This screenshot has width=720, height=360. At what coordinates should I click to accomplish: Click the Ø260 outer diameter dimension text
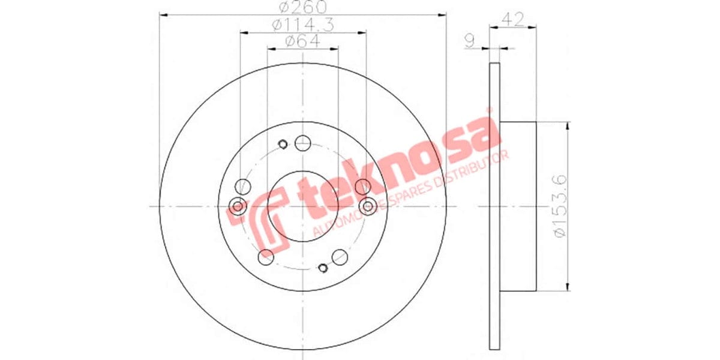point(302,8)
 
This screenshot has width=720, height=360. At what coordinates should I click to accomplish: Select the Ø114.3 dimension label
point(302,25)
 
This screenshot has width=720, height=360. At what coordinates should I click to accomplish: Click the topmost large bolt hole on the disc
point(303,143)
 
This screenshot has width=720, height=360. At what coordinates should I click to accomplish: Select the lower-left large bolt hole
point(265,256)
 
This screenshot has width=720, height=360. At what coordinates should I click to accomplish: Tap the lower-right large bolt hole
point(340,256)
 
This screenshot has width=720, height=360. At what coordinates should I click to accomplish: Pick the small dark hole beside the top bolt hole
point(284,143)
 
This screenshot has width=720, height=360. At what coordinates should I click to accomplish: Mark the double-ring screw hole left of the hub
point(238,206)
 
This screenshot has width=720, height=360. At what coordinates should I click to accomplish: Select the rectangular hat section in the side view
point(518,206)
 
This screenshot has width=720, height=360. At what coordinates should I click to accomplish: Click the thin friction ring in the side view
point(494,206)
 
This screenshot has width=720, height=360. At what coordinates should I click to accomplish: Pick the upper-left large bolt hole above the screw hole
point(243,187)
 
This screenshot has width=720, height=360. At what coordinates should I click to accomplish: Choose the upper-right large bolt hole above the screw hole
point(362,187)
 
